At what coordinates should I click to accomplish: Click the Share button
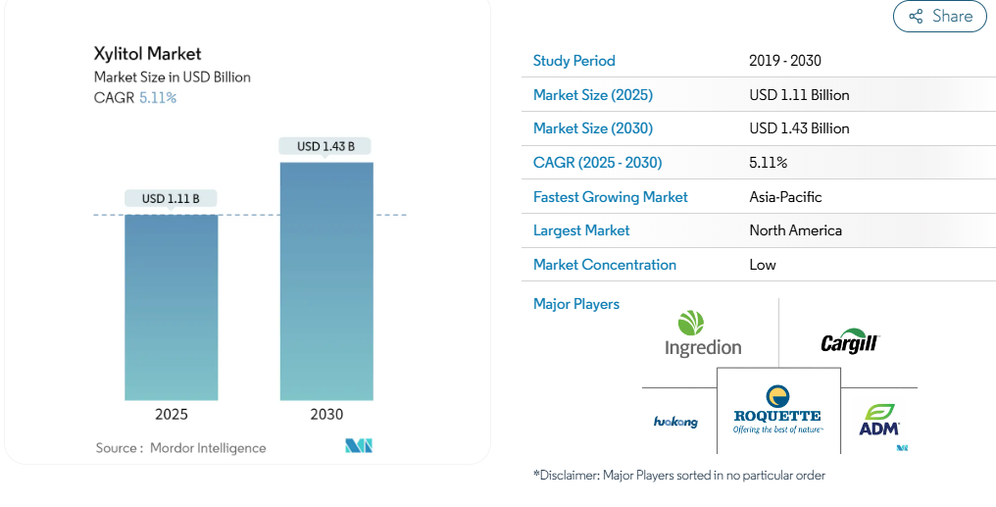click(x=939, y=16)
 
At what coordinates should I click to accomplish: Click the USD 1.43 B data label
click(x=326, y=146)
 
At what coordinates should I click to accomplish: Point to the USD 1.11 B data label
click(x=172, y=198)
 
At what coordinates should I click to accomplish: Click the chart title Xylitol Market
click(x=148, y=53)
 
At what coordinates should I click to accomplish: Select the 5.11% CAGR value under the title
click(x=157, y=97)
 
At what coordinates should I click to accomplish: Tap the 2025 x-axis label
click(x=172, y=415)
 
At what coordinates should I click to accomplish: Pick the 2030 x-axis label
click(x=326, y=415)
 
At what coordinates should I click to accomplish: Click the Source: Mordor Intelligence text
click(x=181, y=448)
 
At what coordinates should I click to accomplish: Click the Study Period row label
click(x=574, y=61)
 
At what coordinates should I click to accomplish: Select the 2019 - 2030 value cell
click(x=785, y=61)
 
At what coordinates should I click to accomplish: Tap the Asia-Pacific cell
click(x=785, y=197)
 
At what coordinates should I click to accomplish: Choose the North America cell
click(x=795, y=230)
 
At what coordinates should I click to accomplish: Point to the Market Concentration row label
click(x=605, y=265)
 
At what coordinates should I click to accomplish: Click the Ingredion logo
click(x=703, y=334)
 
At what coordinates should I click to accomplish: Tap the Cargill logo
click(x=850, y=342)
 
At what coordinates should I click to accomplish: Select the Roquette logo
click(x=778, y=408)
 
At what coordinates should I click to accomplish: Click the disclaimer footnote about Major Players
click(x=679, y=476)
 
